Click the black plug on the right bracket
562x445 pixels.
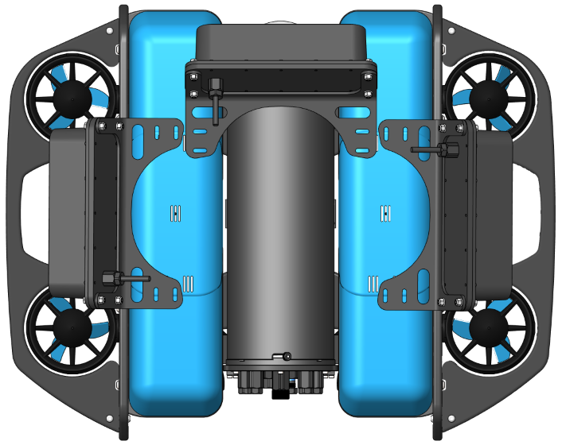[x=451, y=149]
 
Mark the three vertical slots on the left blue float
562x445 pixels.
[x=188, y=284]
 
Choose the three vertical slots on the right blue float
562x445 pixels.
[x=373, y=284]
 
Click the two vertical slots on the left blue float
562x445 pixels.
[x=175, y=212]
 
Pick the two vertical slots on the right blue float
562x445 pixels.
[x=386, y=213]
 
